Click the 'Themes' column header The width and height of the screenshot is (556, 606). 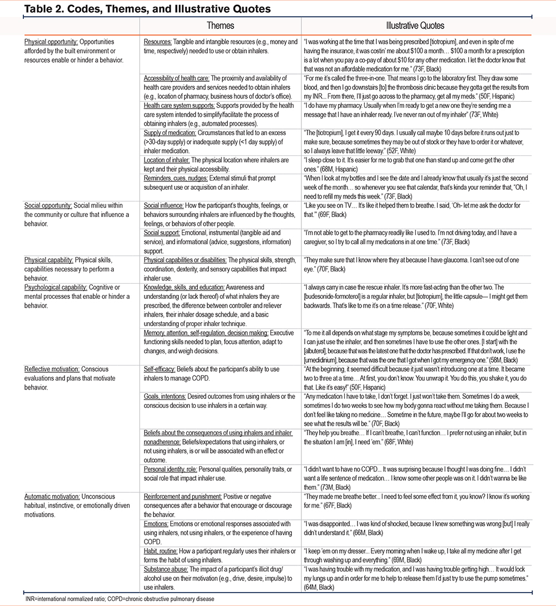click(220, 26)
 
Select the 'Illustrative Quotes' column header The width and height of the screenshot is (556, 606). click(416, 26)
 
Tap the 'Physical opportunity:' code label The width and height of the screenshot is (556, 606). click(49, 42)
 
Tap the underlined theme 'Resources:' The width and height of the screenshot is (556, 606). click(158, 42)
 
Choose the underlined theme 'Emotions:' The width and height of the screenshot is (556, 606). click(156, 524)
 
